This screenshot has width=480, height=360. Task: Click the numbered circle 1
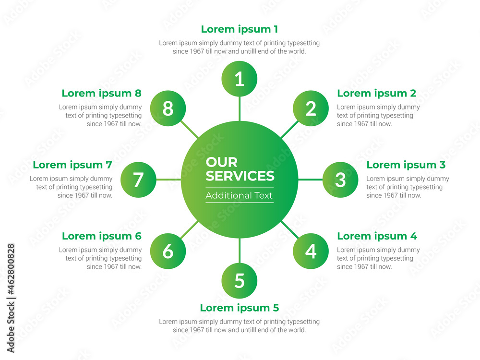click(x=240, y=79)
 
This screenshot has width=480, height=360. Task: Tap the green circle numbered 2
click(x=311, y=108)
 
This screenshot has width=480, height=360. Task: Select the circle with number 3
click(x=340, y=180)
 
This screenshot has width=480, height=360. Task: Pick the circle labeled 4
click(x=311, y=251)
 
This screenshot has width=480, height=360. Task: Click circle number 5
click(x=240, y=280)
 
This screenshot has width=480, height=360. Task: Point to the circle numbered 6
click(x=168, y=251)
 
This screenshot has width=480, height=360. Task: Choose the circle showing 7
click(x=138, y=180)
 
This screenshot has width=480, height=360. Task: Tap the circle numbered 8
click(x=168, y=108)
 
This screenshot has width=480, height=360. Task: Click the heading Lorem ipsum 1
click(x=239, y=29)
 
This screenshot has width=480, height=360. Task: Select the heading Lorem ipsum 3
click(x=406, y=165)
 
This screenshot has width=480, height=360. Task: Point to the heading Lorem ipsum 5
click(x=239, y=308)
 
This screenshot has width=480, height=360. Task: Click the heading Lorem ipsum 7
click(x=72, y=165)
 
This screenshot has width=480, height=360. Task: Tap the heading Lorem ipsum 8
click(x=101, y=93)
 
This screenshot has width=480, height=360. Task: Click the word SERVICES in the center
click(x=240, y=176)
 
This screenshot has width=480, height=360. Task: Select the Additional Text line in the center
click(x=239, y=195)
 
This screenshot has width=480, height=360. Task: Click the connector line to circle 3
click(x=310, y=180)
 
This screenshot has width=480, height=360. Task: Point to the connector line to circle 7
click(x=168, y=180)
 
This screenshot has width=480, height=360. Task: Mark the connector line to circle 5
click(x=240, y=250)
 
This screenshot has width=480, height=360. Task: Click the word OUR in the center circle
click(x=221, y=162)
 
